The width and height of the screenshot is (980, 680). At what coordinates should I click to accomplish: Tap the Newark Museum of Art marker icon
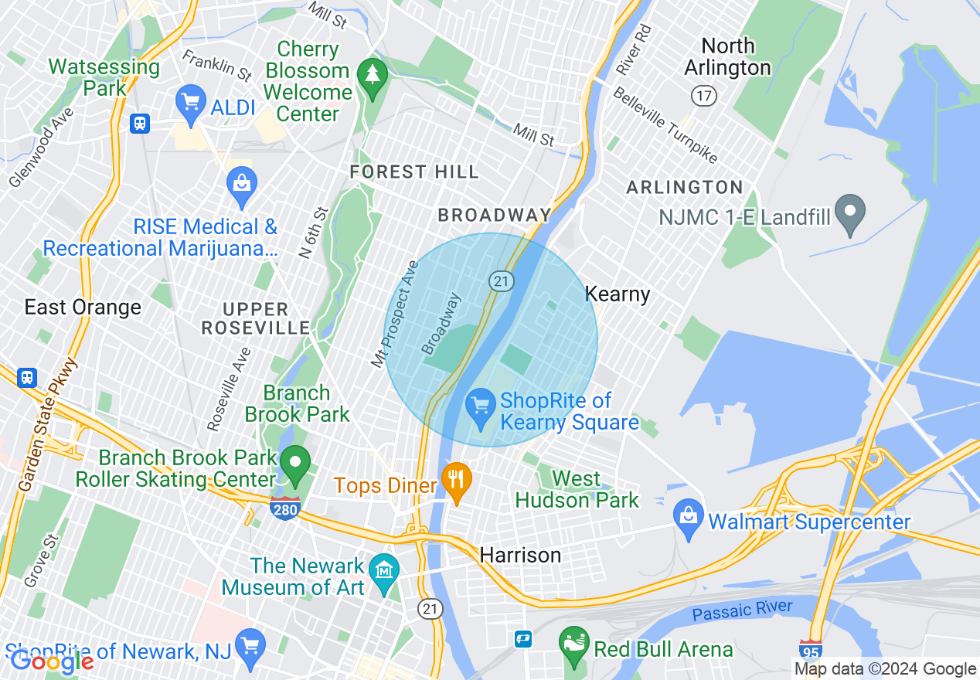click(383, 573)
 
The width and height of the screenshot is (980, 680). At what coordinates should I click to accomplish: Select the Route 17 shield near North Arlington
click(704, 96)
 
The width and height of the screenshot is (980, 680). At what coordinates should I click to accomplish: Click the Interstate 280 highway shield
click(285, 508)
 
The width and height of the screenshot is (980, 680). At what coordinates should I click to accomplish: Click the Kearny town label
click(618, 294)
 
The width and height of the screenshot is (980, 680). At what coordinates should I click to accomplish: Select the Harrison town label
click(520, 555)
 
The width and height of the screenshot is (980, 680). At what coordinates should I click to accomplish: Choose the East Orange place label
click(83, 307)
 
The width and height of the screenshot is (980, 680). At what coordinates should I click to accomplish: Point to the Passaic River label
click(742, 610)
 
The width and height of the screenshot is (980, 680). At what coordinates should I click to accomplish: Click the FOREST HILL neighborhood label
click(414, 172)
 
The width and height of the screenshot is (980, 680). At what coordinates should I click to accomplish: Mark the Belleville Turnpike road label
click(665, 125)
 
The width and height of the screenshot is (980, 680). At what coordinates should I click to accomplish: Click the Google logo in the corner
click(52, 661)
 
